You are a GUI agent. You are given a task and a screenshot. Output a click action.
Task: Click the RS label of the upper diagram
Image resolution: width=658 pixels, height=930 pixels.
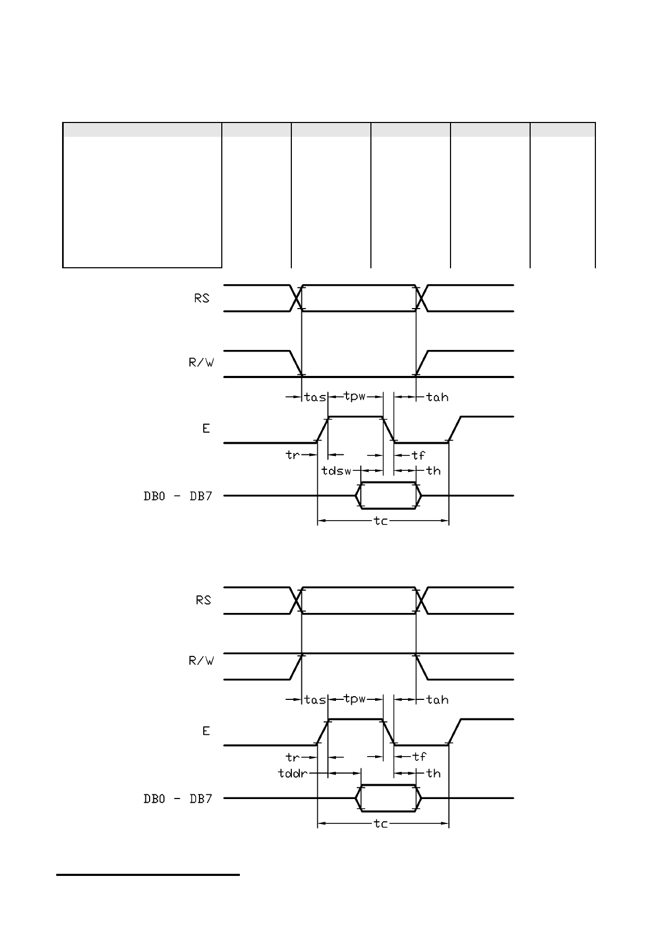point(202,299)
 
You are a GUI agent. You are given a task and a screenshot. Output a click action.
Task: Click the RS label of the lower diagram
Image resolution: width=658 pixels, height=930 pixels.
point(203,600)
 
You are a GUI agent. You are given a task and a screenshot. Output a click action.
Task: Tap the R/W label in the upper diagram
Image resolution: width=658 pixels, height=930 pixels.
point(201,363)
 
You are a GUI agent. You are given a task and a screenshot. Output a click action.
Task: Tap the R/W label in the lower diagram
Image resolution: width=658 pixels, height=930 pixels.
point(201,661)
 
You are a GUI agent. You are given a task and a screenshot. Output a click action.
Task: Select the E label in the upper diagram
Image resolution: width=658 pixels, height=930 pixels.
point(206,428)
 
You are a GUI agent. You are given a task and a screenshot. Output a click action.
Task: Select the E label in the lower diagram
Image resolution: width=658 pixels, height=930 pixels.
point(206,731)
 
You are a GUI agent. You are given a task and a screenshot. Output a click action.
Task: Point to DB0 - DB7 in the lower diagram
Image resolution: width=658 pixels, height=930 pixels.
point(178,799)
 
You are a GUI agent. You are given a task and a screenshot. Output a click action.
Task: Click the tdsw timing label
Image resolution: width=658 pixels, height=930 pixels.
point(337,470)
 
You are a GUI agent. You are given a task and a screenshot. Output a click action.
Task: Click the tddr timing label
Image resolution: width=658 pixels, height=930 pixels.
point(293,773)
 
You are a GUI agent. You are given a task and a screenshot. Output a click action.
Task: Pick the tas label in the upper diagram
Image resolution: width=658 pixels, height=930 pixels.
point(315,397)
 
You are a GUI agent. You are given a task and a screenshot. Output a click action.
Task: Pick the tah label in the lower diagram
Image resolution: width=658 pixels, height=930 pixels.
point(438,700)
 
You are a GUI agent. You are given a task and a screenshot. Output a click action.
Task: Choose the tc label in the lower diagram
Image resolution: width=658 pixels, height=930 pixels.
point(381,823)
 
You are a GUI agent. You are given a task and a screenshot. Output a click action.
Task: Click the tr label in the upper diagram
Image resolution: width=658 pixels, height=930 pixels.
point(292,455)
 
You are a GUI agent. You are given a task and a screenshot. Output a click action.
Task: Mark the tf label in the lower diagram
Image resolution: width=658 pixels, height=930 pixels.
point(419,757)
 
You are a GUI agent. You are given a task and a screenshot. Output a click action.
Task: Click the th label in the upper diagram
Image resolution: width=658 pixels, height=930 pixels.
point(434,470)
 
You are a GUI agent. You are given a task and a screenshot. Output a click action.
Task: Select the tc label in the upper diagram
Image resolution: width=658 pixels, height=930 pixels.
point(381,521)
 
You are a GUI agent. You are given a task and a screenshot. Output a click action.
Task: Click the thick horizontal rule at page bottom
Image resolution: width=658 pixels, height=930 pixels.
point(148,875)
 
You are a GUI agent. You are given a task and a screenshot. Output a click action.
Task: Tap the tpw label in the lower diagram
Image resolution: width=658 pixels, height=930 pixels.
point(355,699)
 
